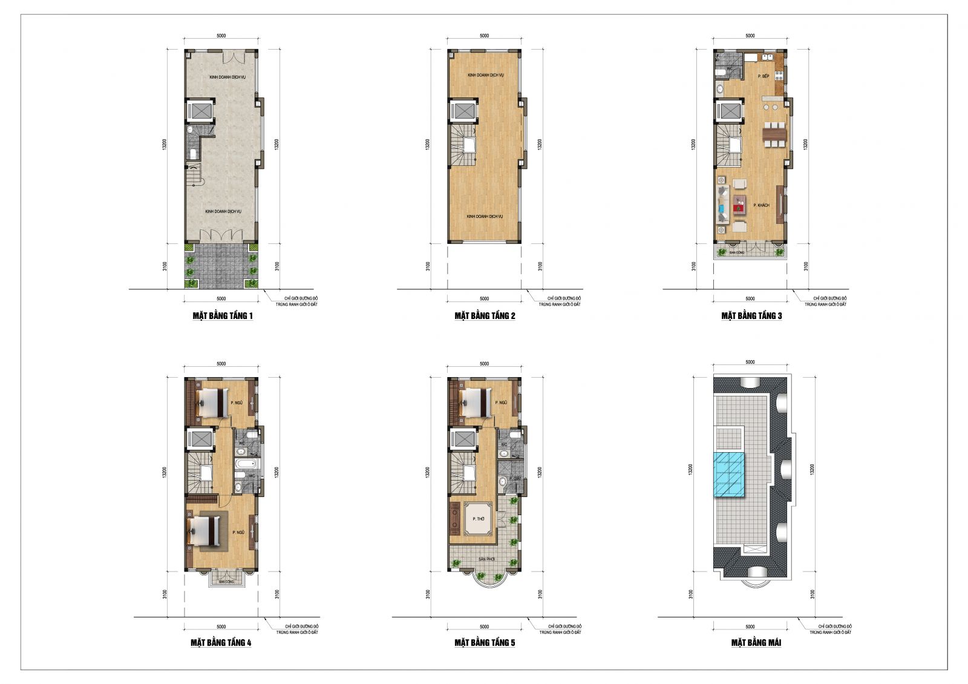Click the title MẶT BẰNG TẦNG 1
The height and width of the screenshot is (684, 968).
point(223,316)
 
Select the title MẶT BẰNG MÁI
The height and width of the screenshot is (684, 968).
point(756,643)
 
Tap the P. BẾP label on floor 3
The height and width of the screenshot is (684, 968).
point(763,76)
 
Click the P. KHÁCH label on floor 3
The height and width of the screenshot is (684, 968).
point(761,206)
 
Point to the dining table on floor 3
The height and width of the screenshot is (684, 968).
point(774,135)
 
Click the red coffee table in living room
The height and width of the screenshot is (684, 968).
point(738,208)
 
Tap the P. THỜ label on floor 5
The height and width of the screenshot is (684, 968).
point(479,519)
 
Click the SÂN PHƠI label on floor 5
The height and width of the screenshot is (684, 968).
point(486,559)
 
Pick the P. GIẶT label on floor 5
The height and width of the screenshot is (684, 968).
point(515,479)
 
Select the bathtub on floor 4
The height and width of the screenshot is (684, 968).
point(246,465)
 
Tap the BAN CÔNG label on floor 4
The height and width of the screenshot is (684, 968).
point(226,582)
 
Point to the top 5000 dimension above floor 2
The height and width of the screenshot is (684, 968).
point(484,36)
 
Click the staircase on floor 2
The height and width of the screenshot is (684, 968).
point(462,145)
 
